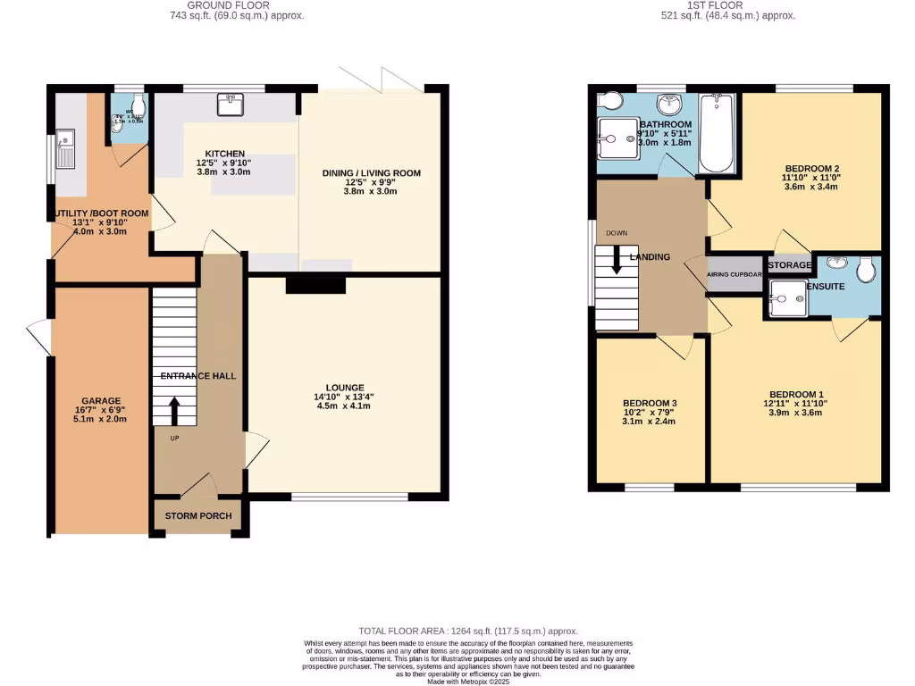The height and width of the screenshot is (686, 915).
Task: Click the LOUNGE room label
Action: pyautogui.click(x=344, y=388)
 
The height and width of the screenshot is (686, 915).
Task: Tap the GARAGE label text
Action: pyautogui.click(x=101, y=401)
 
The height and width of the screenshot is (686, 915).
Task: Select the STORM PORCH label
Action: pyautogui.click(x=197, y=516)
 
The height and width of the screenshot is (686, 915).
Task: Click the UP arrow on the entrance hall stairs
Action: pyautogui.click(x=173, y=410)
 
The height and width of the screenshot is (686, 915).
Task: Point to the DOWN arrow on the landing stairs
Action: pyautogui.click(x=617, y=258)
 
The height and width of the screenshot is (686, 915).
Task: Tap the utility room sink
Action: pyautogui.click(x=64, y=148)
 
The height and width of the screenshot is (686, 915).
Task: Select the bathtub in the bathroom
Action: pyautogui.click(x=717, y=134)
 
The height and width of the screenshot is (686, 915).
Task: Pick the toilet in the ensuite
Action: pyautogui.click(x=866, y=270)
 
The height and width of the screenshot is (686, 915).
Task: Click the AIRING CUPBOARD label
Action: pyautogui.click(x=735, y=275)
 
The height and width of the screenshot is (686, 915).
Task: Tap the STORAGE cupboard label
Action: pyautogui.click(x=789, y=265)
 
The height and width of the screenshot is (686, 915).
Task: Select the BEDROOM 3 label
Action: pyautogui.click(x=650, y=404)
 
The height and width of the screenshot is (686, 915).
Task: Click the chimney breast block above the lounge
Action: pyautogui.click(x=315, y=284)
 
